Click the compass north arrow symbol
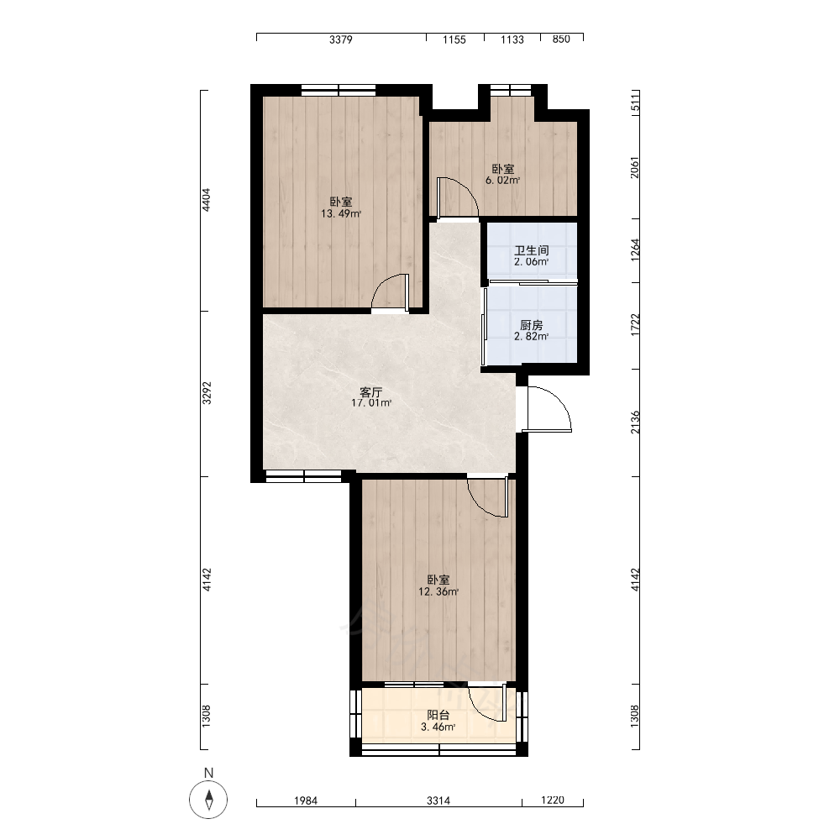click(x=208, y=800)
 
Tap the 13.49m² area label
click(x=341, y=213)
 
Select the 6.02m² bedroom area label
click(x=502, y=181)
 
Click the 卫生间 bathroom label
click(x=532, y=250)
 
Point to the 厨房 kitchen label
click(x=532, y=325)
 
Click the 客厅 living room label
click(x=370, y=391)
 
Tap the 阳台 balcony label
click(x=438, y=715)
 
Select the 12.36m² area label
click(x=438, y=592)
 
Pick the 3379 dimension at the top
click(x=341, y=39)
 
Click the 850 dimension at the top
click(x=561, y=39)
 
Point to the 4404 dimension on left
click(x=207, y=200)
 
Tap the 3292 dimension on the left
click(x=207, y=392)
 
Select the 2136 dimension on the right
click(x=635, y=423)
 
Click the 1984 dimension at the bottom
click(x=306, y=801)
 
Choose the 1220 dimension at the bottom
click(x=553, y=801)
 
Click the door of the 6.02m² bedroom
click(x=457, y=197)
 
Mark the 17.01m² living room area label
click(x=370, y=403)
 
